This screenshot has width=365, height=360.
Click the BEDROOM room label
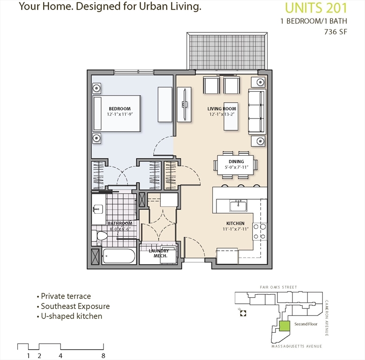[119, 109]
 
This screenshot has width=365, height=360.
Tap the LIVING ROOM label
[222, 109]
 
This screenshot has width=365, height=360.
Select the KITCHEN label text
[235, 224]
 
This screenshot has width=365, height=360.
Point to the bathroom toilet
[100, 236]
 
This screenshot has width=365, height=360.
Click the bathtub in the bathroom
[119, 256]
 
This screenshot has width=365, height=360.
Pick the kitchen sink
[238, 205]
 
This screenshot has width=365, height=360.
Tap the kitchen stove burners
[260, 232]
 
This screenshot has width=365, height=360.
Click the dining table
[236, 165]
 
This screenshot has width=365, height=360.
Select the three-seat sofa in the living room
[257, 112]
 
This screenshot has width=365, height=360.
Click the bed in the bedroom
[117, 113]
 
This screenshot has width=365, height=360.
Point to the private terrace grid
[227, 51]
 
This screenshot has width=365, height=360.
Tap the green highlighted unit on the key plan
[284, 326]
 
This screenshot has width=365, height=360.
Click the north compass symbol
[243, 313]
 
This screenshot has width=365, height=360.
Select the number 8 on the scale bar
[103, 356]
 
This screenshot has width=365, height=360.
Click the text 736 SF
[335, 32]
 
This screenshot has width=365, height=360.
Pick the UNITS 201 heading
[316, 8]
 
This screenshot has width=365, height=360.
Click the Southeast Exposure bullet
[73, 306]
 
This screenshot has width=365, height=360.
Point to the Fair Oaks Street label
[278, 287]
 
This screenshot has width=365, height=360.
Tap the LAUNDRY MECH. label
[159, 253]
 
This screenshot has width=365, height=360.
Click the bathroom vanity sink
[98, 209]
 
